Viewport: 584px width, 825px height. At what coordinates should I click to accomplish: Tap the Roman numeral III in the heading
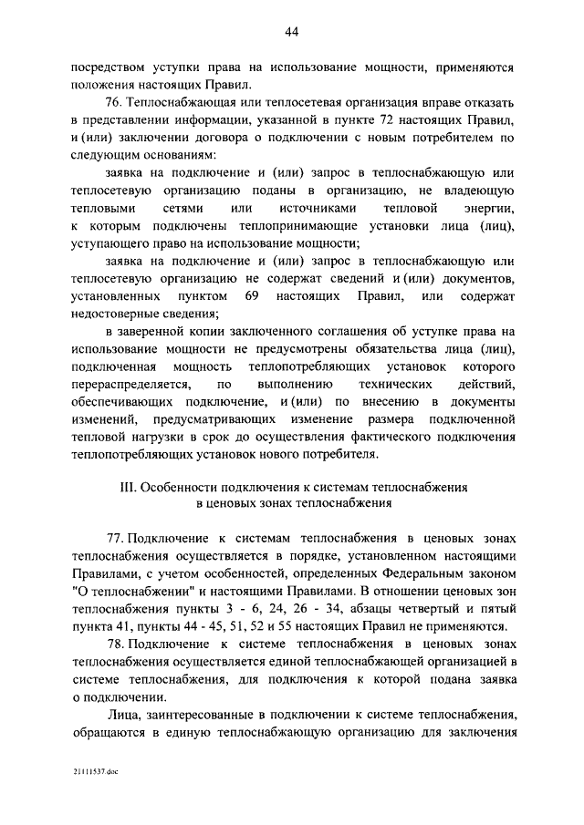[127, 487]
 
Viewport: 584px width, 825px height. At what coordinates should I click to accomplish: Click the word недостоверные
[116, 315]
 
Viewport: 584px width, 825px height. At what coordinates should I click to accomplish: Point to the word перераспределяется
[132, 384]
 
